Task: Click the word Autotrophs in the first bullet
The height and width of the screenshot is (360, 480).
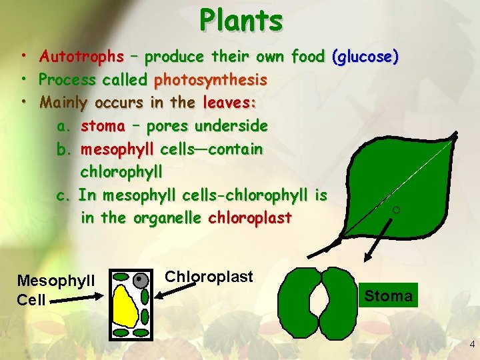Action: click(x=81, y=57)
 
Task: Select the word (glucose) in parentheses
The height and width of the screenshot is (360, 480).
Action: click(x=366, y=57)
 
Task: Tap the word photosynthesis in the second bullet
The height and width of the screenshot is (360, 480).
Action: click(x=210, y=80)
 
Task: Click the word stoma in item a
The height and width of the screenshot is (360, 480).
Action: click(x=103, y=126)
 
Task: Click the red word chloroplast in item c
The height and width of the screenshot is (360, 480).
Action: click(x=250, y=218)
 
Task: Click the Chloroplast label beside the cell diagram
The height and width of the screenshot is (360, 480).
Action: click(x=209, y=276)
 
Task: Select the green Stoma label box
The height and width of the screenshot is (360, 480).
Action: click(x=388, y=295)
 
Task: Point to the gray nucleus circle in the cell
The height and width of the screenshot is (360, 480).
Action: click(x=140, y=280)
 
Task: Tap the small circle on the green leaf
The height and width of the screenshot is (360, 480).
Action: click(x=396, y=211)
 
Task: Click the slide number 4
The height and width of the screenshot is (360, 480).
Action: click(x=471, y=345)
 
